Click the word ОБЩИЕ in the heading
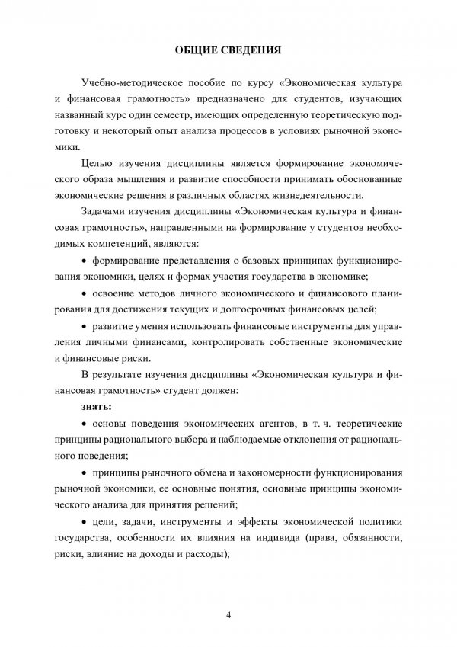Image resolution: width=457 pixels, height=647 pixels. pyautogui.click(x=193, y=52)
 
